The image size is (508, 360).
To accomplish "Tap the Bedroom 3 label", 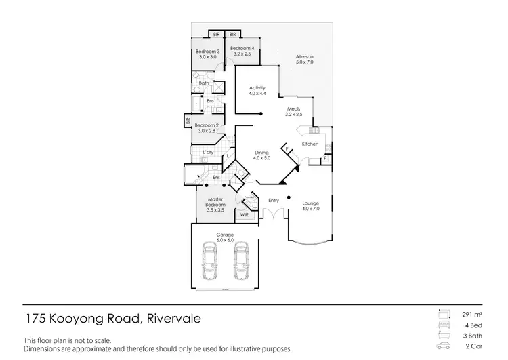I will (x=208, y=52).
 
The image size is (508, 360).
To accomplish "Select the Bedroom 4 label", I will (x=242, y=48).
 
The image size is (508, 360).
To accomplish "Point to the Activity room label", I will (x=257, y=88).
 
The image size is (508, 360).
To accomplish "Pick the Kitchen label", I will (x=310, y=144).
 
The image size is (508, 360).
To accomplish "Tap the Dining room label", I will (x=261, y=153).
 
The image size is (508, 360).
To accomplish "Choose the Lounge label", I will (x=310, y=203).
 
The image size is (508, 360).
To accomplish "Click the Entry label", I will (x=274, y=200).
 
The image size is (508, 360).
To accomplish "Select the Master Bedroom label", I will (x=215, y=201).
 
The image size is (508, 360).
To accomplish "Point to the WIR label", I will (x=245, y=214).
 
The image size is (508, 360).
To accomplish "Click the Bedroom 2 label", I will (x=206, y=125).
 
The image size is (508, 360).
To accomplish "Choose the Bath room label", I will (x=203, y=83).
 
